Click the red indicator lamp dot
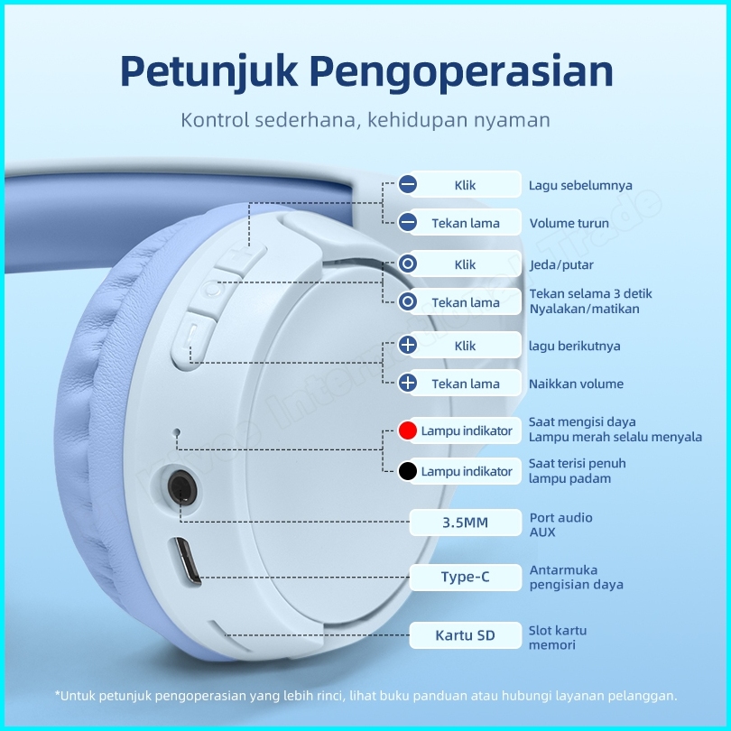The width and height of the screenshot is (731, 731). pyautogui.click(x=408, y=430)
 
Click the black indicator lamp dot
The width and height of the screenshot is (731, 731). pyautogui.click(x=408, y=471)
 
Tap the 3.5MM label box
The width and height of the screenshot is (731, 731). pyautogui.click(x=465, y=523)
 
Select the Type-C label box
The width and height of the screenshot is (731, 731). pyautogui.click(x=465, y=577)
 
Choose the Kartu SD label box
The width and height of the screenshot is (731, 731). pyautogui.click(x=465, y=635)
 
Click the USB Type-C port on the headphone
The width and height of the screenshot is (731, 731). pyautogui.click(x=187, y=562)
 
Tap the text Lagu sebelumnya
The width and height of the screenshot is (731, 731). pyautogui.click(x=580, y=186)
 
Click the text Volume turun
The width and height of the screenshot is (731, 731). pyautogui.click(x=569, y=223)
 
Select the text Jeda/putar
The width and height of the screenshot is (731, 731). pyautogui.click(x=561, y=265)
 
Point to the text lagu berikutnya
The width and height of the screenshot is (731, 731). pyautogui.click(x=575, y=346)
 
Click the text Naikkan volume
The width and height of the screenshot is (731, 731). pyautogui.click(x=576, y=384)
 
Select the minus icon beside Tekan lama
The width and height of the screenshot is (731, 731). pyautogui.click(x=408, y=223)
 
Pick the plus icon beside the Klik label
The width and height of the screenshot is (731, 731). pyautogui.click(x=408, y=346)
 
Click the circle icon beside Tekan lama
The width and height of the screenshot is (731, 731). pyautogui.click(x=408, y=302)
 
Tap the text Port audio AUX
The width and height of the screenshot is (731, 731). pyautogui.click(x=560, y=524)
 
